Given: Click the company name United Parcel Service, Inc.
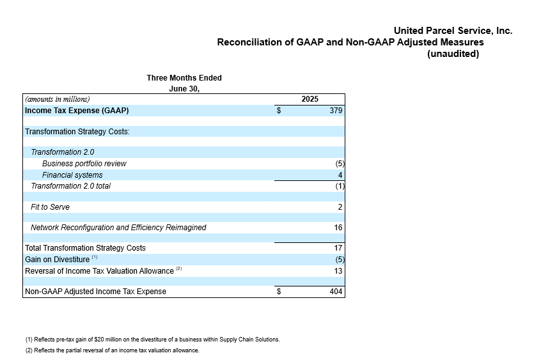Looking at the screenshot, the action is tap(453, 31).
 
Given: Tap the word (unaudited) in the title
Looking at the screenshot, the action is tap(453, 54).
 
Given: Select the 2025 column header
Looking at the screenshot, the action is tap(310, 99).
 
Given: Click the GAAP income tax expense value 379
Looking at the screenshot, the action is tap(336, 111).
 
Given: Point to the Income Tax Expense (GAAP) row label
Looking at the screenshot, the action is tap(77, 111).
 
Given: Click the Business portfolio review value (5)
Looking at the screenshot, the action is tap(340, 164).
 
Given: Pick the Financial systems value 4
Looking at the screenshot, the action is tap(340, 175).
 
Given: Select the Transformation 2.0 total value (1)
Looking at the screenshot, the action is tap(340, 186).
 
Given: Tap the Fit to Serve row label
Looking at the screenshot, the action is tap(50, 207).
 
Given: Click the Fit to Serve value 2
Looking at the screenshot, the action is tap(340, 207).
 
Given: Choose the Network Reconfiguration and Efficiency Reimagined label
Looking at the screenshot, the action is tap(118, 228).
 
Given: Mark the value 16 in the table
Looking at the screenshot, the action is tap(338, 228).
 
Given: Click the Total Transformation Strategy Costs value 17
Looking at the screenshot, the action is tap(338, 248).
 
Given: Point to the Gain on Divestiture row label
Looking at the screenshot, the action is tap(57, 260).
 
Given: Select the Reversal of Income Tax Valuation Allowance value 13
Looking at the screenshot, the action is tap(338, 271).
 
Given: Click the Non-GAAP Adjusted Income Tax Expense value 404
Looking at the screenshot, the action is tap(336, 292).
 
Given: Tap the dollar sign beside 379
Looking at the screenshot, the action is tap(279, 111).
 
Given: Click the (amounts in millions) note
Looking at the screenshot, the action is tap(57, 99).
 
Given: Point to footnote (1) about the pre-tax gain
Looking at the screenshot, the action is tap(153, 340).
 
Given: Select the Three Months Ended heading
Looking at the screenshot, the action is tap(184, 78).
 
